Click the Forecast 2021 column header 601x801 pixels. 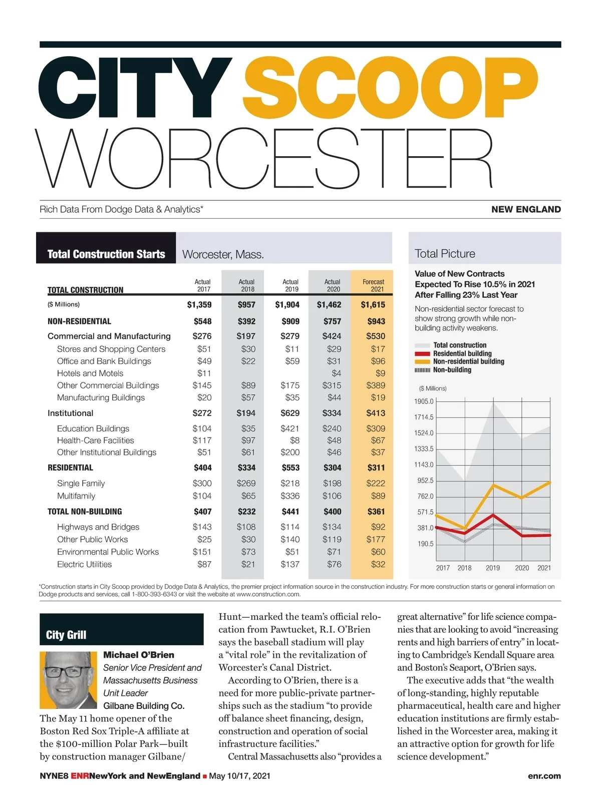tap(373, 285)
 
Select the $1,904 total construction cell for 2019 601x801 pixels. tap(287, 304)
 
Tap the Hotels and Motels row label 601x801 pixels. tap(90, 373)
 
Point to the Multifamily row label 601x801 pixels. tap(76, 496)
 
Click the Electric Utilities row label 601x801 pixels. tap(84, 564)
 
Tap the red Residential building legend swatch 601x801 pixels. tap(422, 353)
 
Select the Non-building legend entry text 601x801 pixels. tap(452, 370)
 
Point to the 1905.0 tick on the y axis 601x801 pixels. tap(424, 402)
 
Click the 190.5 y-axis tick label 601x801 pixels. tap(425, 544)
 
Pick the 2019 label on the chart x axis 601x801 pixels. tap(493, 568)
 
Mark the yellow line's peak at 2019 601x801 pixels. tap(494, 485)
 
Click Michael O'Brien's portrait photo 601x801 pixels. tap(68, 679)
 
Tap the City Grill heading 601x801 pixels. tap(66, 635)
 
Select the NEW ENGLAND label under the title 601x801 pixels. tap(526, 209)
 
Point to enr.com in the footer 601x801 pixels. tap(544, 776)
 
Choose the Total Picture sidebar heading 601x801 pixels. tap(445, 253)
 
